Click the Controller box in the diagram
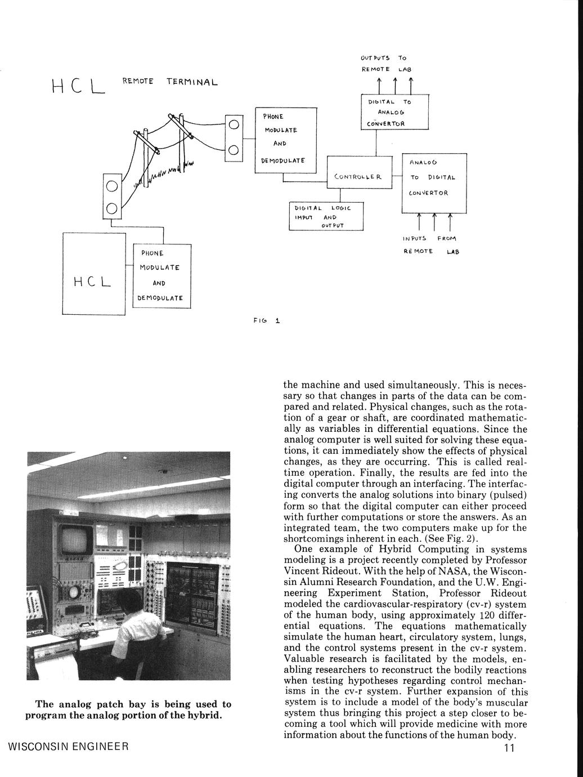tap(358, 177)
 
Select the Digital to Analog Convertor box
tap(394, 113)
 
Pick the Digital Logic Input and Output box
tap(326, 216)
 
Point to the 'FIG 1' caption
tap(266, 321)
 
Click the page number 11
tap(509, 748)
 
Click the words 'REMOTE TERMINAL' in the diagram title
tap(169, 82)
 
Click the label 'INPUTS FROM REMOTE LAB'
tap(430, 245)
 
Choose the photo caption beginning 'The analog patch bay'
tap(128, 709)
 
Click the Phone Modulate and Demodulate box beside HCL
tap(162, 276)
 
